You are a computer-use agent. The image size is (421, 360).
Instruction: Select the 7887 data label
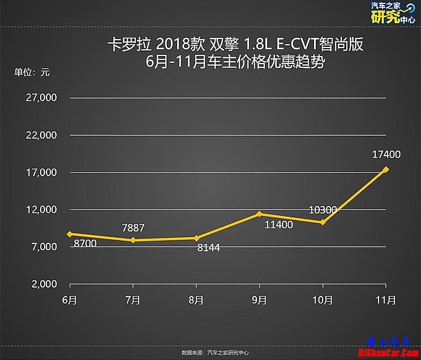pos(134,228)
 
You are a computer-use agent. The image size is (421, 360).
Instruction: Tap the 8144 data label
pos(208,247)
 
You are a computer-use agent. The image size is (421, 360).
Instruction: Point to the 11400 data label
pos(278,225)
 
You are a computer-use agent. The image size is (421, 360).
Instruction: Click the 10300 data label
pos(323,210)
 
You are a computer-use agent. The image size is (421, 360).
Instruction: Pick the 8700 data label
pos(85,243)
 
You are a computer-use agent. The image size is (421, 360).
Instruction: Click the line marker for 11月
pos(386,169)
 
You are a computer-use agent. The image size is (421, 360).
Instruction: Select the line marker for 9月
pos(259,214)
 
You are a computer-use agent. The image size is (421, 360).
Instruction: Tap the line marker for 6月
pos(70,234)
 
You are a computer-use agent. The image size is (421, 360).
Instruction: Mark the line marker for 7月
pos(133,241)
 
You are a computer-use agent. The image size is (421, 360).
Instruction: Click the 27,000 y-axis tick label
pos(41,98)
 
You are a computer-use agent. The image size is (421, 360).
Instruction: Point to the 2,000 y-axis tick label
pos(44,284)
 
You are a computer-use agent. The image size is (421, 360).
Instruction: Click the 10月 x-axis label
pos(323,300)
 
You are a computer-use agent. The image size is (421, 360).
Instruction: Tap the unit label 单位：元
pos(32,72)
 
